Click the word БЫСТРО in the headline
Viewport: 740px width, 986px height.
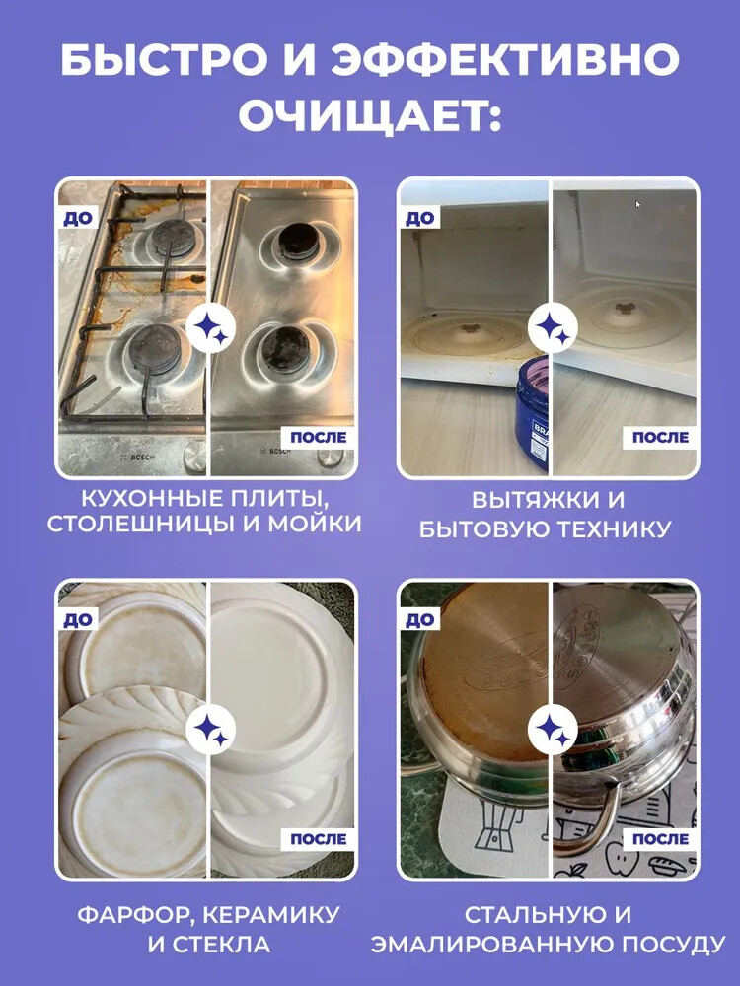pyautogui.click(x=168, y=60)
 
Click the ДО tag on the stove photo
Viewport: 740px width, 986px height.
pyautogui.click(x=77, y=218)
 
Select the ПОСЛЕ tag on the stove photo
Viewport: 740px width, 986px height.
pyautogui.click(x=319, y=438)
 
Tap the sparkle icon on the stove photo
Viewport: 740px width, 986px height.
pyautogui.click(x=211, y=328)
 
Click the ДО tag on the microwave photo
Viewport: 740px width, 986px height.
pyautogui.click(x=419, y=218)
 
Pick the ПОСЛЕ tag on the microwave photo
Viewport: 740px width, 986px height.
pyautogui.click(x=661, y=438)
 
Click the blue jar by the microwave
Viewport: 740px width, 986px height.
pyautogui.click(x=533, y=416)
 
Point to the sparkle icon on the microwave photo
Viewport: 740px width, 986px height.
pyautogui.click(x=553, y=328)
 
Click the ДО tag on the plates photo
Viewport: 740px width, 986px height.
pyautogui.click(x=77, y=620)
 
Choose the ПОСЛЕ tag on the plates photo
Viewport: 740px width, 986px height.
pyautogui.click(x=319, y=839)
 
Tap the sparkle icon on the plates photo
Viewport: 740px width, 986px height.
pyautogui.click(x=211, y=730)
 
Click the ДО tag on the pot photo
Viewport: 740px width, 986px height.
pyautogui.click(x=419, y=620)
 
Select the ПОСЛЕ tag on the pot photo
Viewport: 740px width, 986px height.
pyautogui.click(x=661, y=839)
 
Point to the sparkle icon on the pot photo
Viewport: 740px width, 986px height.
pyautogui.click(x=553, y=730)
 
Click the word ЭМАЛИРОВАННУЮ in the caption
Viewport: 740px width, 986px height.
pyautogui.click(x=495, y=945)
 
